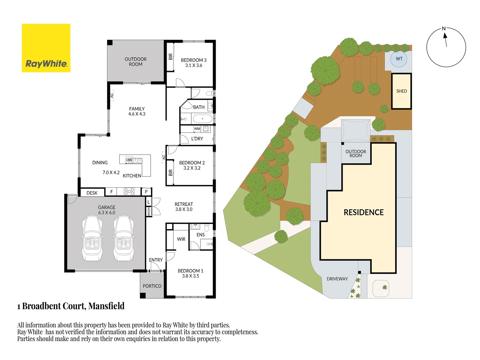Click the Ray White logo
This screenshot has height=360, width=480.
(x=46, y=48)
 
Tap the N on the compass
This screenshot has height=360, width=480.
(x=444, y=29)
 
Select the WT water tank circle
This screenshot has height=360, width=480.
(x=399, y=59)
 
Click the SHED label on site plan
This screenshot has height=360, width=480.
(x=401, y=91)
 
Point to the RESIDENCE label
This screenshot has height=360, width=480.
(x=363, y=212)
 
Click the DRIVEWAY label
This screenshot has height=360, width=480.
(x=337, y=279)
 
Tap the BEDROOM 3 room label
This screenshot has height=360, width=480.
(x=194, y=60)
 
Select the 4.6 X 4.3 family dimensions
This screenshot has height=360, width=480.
(x=137, y=114)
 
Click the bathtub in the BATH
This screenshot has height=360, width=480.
(x=202, y=119)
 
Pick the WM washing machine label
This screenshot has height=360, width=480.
(x=197, y=129)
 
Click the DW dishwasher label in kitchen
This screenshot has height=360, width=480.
(x=129, y=160)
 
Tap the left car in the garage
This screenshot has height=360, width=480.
(x=92, y=238)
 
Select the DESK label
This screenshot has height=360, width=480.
(x=92, y=193)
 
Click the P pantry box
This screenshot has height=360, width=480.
(x=146, y=192)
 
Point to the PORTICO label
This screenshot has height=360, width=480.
(x=152, y=286)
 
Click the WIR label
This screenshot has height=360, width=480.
(x=181, y=239)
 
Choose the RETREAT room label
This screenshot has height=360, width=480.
(x=184, y=204)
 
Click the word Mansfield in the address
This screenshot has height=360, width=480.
(x=106, y=306)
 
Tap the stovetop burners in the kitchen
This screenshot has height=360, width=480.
(x=129, y=191)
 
